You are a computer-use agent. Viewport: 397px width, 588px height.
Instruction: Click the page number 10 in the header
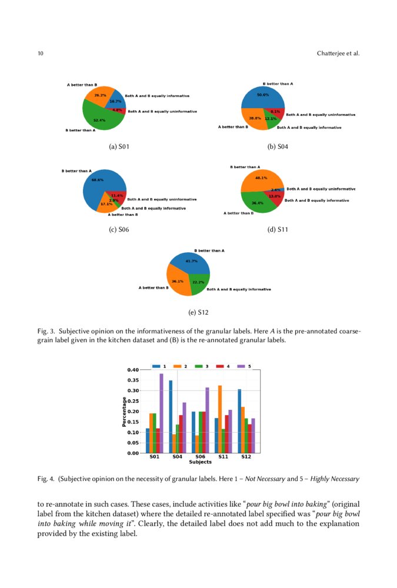pos(40,54)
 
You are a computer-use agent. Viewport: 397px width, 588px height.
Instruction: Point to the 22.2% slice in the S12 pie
pos(198,283)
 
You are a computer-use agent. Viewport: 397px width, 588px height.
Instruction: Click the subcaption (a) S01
pos(119,146)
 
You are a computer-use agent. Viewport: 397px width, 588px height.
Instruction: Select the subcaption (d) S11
pos(277,229)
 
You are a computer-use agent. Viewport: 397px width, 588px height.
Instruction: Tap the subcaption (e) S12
pos(198,312)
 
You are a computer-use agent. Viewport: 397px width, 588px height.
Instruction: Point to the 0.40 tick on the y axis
pos(132,370)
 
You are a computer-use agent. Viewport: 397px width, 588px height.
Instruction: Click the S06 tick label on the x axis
pos(200,456)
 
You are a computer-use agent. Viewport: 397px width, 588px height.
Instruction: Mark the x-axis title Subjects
pos(200,462)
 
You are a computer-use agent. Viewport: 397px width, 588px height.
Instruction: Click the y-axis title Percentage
pos(124,412)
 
